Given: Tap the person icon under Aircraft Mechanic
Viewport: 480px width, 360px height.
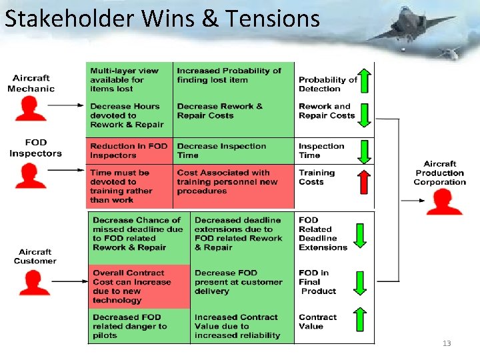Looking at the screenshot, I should pos(31,109).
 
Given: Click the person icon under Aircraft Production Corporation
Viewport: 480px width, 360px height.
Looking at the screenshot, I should pos(444,202).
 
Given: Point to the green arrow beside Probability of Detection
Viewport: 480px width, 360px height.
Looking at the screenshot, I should pos(364,80).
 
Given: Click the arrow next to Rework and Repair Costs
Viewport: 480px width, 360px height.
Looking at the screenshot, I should pos(364,115).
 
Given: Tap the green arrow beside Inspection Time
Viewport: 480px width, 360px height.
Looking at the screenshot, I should pos(364,151).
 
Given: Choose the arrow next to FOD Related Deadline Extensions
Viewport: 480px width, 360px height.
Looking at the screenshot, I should pos(360,235).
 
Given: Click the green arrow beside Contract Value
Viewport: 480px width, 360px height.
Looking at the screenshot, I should pos(360,320).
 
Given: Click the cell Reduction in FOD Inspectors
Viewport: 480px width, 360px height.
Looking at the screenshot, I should pos(129,151).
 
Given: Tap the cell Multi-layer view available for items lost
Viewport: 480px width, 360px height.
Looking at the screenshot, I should pos(129,80).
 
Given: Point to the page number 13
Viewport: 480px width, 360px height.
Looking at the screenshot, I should pos(447,343).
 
